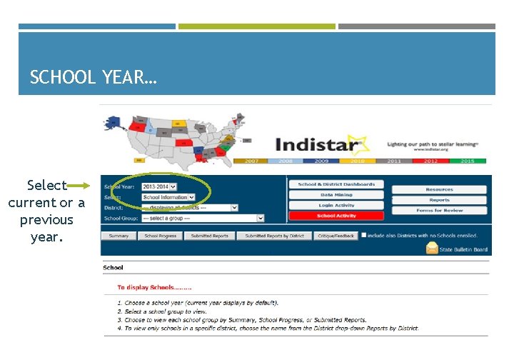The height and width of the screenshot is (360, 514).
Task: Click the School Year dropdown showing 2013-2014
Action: click(x=158, y=186)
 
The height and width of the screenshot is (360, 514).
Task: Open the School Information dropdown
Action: click(x=168, y=197)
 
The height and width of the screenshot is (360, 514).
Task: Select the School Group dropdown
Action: click(x=203, y=218)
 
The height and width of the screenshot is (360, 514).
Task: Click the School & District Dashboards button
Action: click(x=336, y=184)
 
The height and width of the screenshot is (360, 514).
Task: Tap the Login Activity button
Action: click(x=336, y=205)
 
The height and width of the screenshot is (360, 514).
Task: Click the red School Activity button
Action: click(x=336, y=216)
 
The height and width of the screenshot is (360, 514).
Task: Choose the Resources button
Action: click(x=439, y=189)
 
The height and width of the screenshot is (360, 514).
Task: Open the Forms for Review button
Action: click(x=439, y=211)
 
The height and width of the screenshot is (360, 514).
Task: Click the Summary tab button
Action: click(x=119, y=236)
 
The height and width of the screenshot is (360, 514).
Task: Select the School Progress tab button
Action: click(x=161, y=236)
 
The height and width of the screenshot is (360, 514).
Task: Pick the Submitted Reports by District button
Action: click(x=274, y=236)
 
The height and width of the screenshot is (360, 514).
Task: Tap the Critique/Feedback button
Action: click(x=336, y=236)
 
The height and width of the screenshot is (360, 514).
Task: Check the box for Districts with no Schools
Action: click(x=364, y=234)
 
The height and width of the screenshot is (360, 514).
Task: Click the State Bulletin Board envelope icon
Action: click(x=432, y=248)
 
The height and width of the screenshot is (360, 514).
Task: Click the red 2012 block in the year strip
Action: click(x=430, y=161)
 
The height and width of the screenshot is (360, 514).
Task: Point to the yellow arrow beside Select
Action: click(x=79, y=186)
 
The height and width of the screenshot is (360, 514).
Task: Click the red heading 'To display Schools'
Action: click(x=154, y=287)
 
